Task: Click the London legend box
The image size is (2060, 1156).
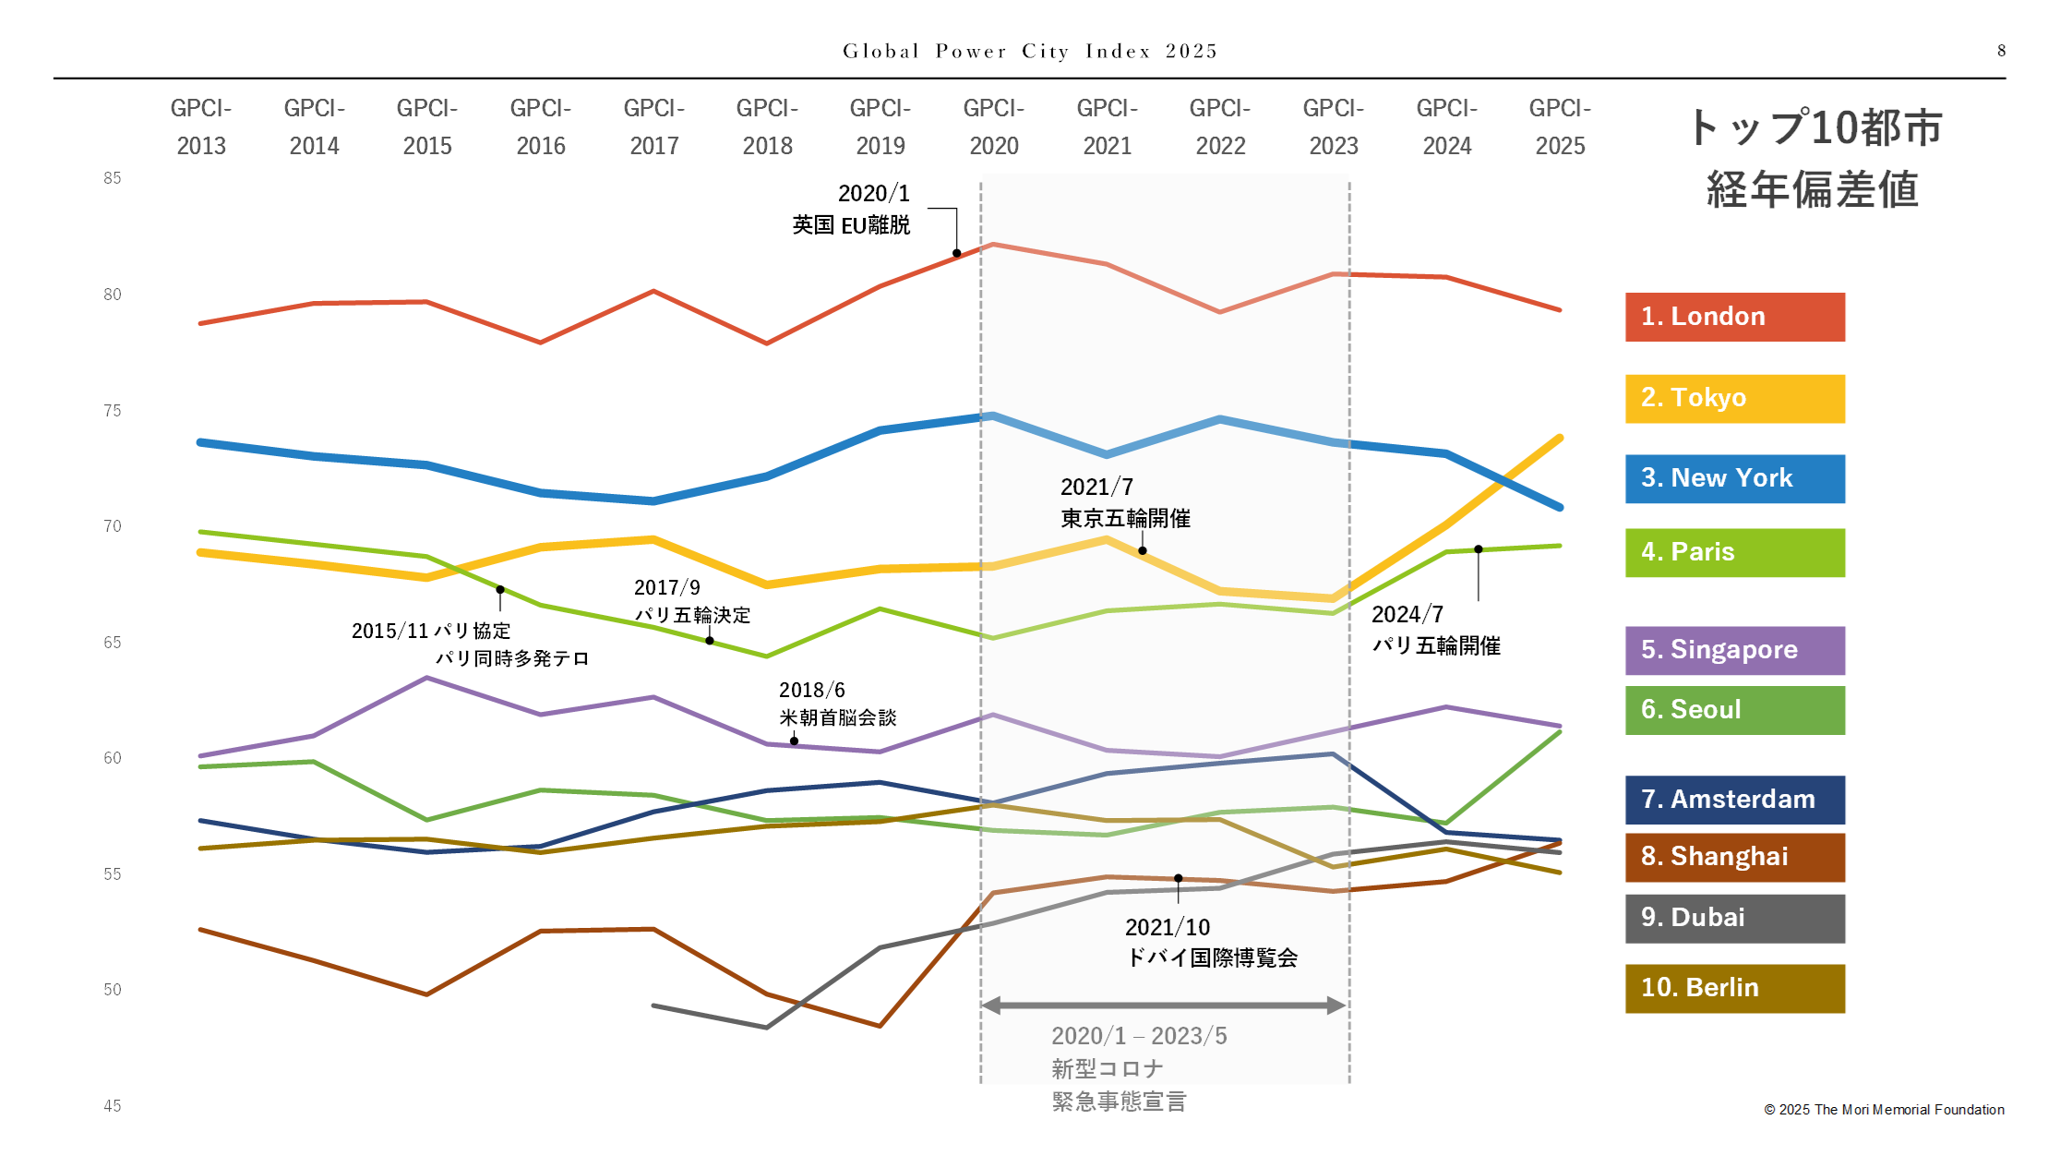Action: point(1734,317)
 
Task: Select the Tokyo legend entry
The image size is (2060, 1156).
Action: point(1734,398)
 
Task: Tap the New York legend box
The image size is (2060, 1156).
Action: point(1734,478)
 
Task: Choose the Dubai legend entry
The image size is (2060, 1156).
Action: point(1734,918)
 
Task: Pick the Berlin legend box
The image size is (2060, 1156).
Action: point(1734,988)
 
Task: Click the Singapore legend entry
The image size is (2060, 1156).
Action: point(1734,650)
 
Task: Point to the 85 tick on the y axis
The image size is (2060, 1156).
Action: point(113,178)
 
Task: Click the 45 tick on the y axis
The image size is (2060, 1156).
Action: point(113,1105)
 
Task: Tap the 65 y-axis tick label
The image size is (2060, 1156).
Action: point(113,643)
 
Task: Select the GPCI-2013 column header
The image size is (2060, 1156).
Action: point(201,127)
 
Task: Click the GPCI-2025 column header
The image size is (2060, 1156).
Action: point(1560,127)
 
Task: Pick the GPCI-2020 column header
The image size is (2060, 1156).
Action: point(994,127)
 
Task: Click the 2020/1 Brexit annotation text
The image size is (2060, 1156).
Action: point(851,210)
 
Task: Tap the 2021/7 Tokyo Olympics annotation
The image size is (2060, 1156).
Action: point(1125,502)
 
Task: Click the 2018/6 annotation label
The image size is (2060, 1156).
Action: point(837,704)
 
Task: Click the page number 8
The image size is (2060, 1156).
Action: point(2001,51)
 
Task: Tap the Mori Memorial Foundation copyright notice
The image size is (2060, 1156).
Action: point(1884,1110)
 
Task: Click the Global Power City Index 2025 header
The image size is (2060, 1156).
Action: point(1030,51)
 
